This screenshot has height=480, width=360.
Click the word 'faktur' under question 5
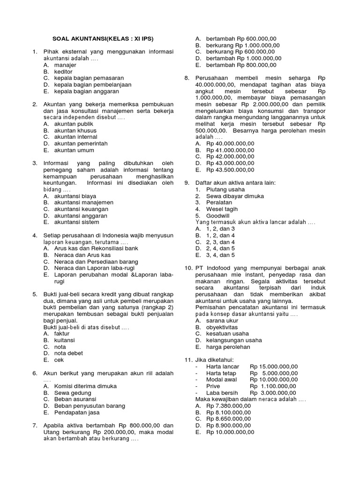[x=62, y=333]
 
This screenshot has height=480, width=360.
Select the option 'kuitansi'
[x=64, y=340]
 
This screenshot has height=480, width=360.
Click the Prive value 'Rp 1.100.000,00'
[x=273, y=386]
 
